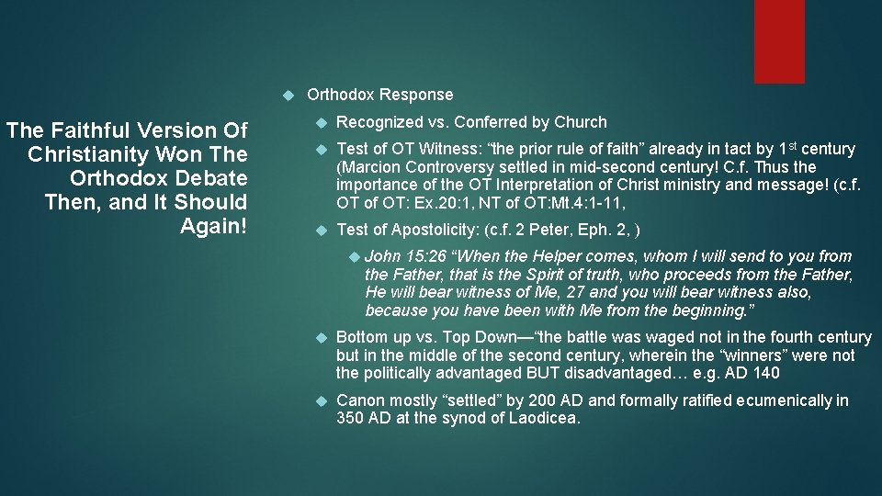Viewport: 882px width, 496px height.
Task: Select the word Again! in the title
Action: click(214, 226)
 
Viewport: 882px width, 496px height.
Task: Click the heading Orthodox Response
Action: click(379, 95)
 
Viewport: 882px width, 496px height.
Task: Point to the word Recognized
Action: click(377, 122)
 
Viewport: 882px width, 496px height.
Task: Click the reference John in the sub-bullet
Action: click(383, 256)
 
